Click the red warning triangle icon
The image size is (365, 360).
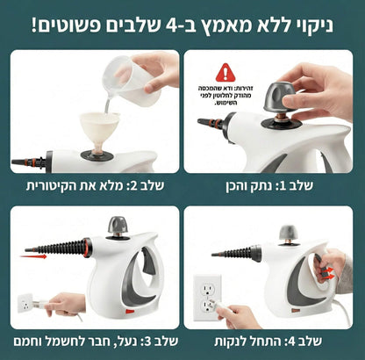tap(225, 72)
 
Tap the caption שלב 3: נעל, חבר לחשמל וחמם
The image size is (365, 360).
tap(91, 341)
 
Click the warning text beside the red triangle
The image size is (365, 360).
tap(225, 97)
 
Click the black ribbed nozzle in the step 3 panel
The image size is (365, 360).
tap(58, 248)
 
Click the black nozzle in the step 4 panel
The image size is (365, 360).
tap(235, 254)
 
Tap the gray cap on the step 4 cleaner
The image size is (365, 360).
tap(289, 234)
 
